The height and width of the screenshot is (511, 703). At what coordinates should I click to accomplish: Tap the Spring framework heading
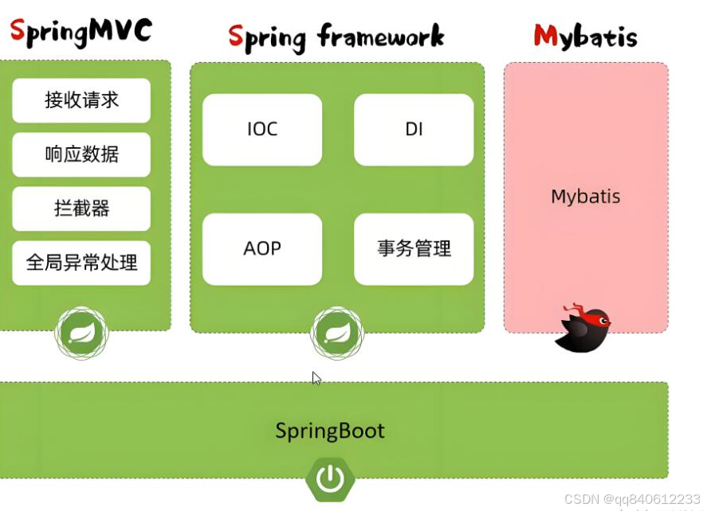(x=336, y=37)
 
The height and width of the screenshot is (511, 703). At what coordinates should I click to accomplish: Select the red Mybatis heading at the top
(x=585, y=36)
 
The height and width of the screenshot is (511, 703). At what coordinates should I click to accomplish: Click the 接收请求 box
(x=81, y=100)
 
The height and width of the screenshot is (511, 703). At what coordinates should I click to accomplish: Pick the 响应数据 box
(x=81, y=154)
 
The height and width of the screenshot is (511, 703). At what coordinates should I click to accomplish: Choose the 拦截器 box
(x=81, y=209)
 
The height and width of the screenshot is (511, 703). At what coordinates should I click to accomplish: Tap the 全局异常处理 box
(x=81, y=263)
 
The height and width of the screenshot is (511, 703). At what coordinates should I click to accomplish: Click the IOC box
(x=262, y=130)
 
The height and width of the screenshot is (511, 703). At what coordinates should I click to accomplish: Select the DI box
(x=414, y=130)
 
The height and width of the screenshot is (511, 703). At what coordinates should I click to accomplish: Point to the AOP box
(x=262, y=249)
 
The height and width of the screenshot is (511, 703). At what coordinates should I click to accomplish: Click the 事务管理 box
(x=414, y=249)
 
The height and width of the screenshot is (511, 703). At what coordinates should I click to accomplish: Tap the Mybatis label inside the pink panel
(x=585, y=197)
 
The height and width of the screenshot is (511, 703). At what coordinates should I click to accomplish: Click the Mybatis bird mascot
(x=583, y=327)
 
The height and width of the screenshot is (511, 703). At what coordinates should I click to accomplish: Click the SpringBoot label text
(x=330, y=431)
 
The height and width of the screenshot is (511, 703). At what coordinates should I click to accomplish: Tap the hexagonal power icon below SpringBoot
(x=330, y=479)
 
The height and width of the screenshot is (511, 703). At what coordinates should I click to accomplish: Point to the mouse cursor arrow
(x=316, y=378)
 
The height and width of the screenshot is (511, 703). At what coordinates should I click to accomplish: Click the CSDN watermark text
(x=631, y=499)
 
